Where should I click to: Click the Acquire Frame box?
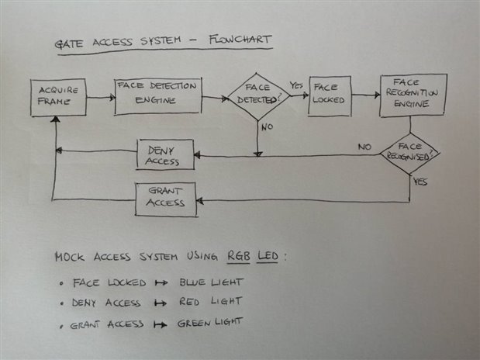[x=57, y=97]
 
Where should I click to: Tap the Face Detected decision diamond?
[x=257, y=99]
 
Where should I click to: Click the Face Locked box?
[x=328, y=95]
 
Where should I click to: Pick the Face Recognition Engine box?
[x=413, y=95]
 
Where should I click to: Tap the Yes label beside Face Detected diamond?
[x=295, y=85]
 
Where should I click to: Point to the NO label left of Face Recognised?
[x=364, y=146]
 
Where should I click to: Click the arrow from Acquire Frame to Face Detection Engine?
[x=99, y=98]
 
